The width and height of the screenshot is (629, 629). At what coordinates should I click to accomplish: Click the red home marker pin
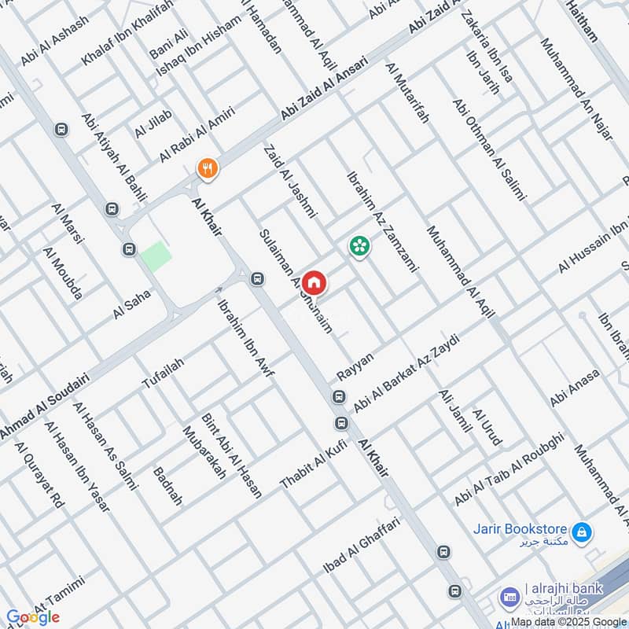tap(314, 281)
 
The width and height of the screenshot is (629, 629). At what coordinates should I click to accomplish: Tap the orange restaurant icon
tap(208, 167)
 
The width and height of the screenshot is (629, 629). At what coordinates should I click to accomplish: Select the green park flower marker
tap(359, 245)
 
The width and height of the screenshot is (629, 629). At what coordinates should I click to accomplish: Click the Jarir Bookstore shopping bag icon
tap(581, 533)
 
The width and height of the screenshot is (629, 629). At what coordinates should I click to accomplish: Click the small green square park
tap(156, 257)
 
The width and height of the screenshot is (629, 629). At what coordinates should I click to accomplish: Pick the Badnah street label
tap(168, 486)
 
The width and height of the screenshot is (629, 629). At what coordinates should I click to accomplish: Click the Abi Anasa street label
tap(575, 388)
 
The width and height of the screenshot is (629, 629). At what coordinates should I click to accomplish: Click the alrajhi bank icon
tap(510, 596)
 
